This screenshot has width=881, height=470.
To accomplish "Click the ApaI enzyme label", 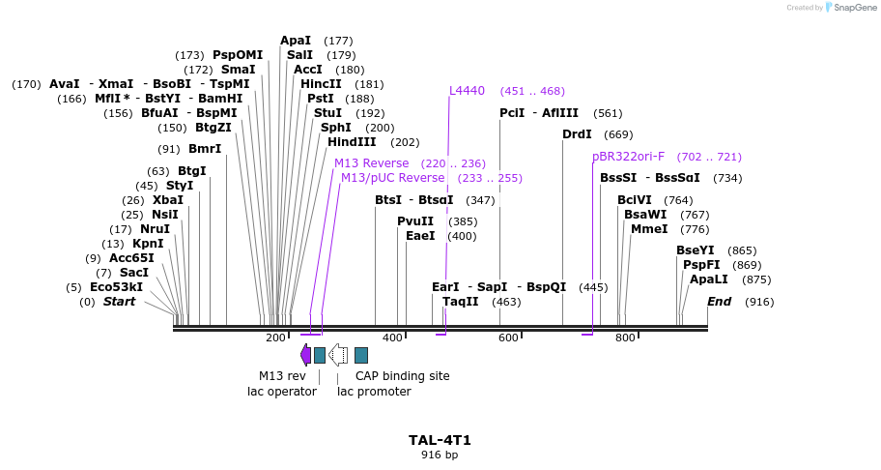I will (296, 41).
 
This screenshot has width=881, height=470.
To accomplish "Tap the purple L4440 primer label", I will (467, 91).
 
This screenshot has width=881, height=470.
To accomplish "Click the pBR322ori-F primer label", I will (628, 157).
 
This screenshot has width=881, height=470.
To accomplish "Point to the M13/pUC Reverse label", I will (392, 178).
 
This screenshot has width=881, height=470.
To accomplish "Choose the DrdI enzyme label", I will (577, 134).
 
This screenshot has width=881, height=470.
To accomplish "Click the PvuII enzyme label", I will (415, 221).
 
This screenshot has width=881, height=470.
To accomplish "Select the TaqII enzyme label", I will (460, 302).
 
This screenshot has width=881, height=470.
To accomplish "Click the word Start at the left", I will (119, 302).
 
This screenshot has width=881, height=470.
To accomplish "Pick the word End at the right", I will (719, 302).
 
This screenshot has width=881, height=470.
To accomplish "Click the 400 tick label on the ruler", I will (392, 338).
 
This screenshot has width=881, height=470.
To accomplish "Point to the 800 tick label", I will (625, 338).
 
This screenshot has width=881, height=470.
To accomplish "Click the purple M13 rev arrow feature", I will (305, 355).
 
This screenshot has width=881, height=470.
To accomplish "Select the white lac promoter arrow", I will (338, 355).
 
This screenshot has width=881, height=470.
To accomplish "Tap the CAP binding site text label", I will (402, 376).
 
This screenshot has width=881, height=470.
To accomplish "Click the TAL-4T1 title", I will (440, 440).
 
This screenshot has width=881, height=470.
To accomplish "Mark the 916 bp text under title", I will (440, 455).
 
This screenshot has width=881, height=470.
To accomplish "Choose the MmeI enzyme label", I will (648, 229).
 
